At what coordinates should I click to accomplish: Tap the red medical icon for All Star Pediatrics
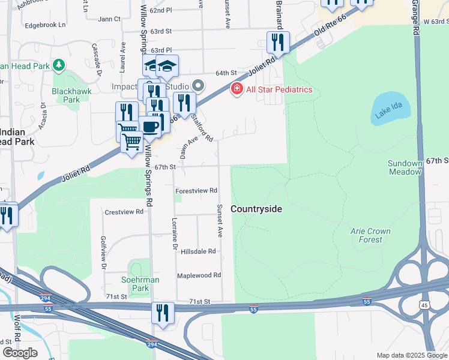tap(237, 89)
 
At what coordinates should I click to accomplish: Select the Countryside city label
tap(256, 209)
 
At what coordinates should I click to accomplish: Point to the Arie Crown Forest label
tap(370, 235)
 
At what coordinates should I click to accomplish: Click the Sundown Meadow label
tap(405, 167)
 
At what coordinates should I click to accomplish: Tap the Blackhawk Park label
tap(65, 95)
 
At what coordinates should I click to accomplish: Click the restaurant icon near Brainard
tap(278, 42)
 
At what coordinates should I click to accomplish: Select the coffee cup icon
tap(150, 127)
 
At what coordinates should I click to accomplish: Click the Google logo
tap(20, 353)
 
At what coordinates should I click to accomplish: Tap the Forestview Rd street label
tap(196, 191)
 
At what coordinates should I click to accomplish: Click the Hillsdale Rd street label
tap(198, 251)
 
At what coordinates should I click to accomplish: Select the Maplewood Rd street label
tap(199, 275)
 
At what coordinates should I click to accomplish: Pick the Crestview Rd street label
tap(124, 212)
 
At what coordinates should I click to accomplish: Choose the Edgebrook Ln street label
tap(44, 26)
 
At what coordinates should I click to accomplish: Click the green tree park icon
tap(59, 64)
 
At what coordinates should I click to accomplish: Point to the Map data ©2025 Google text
tap(411, 355)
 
